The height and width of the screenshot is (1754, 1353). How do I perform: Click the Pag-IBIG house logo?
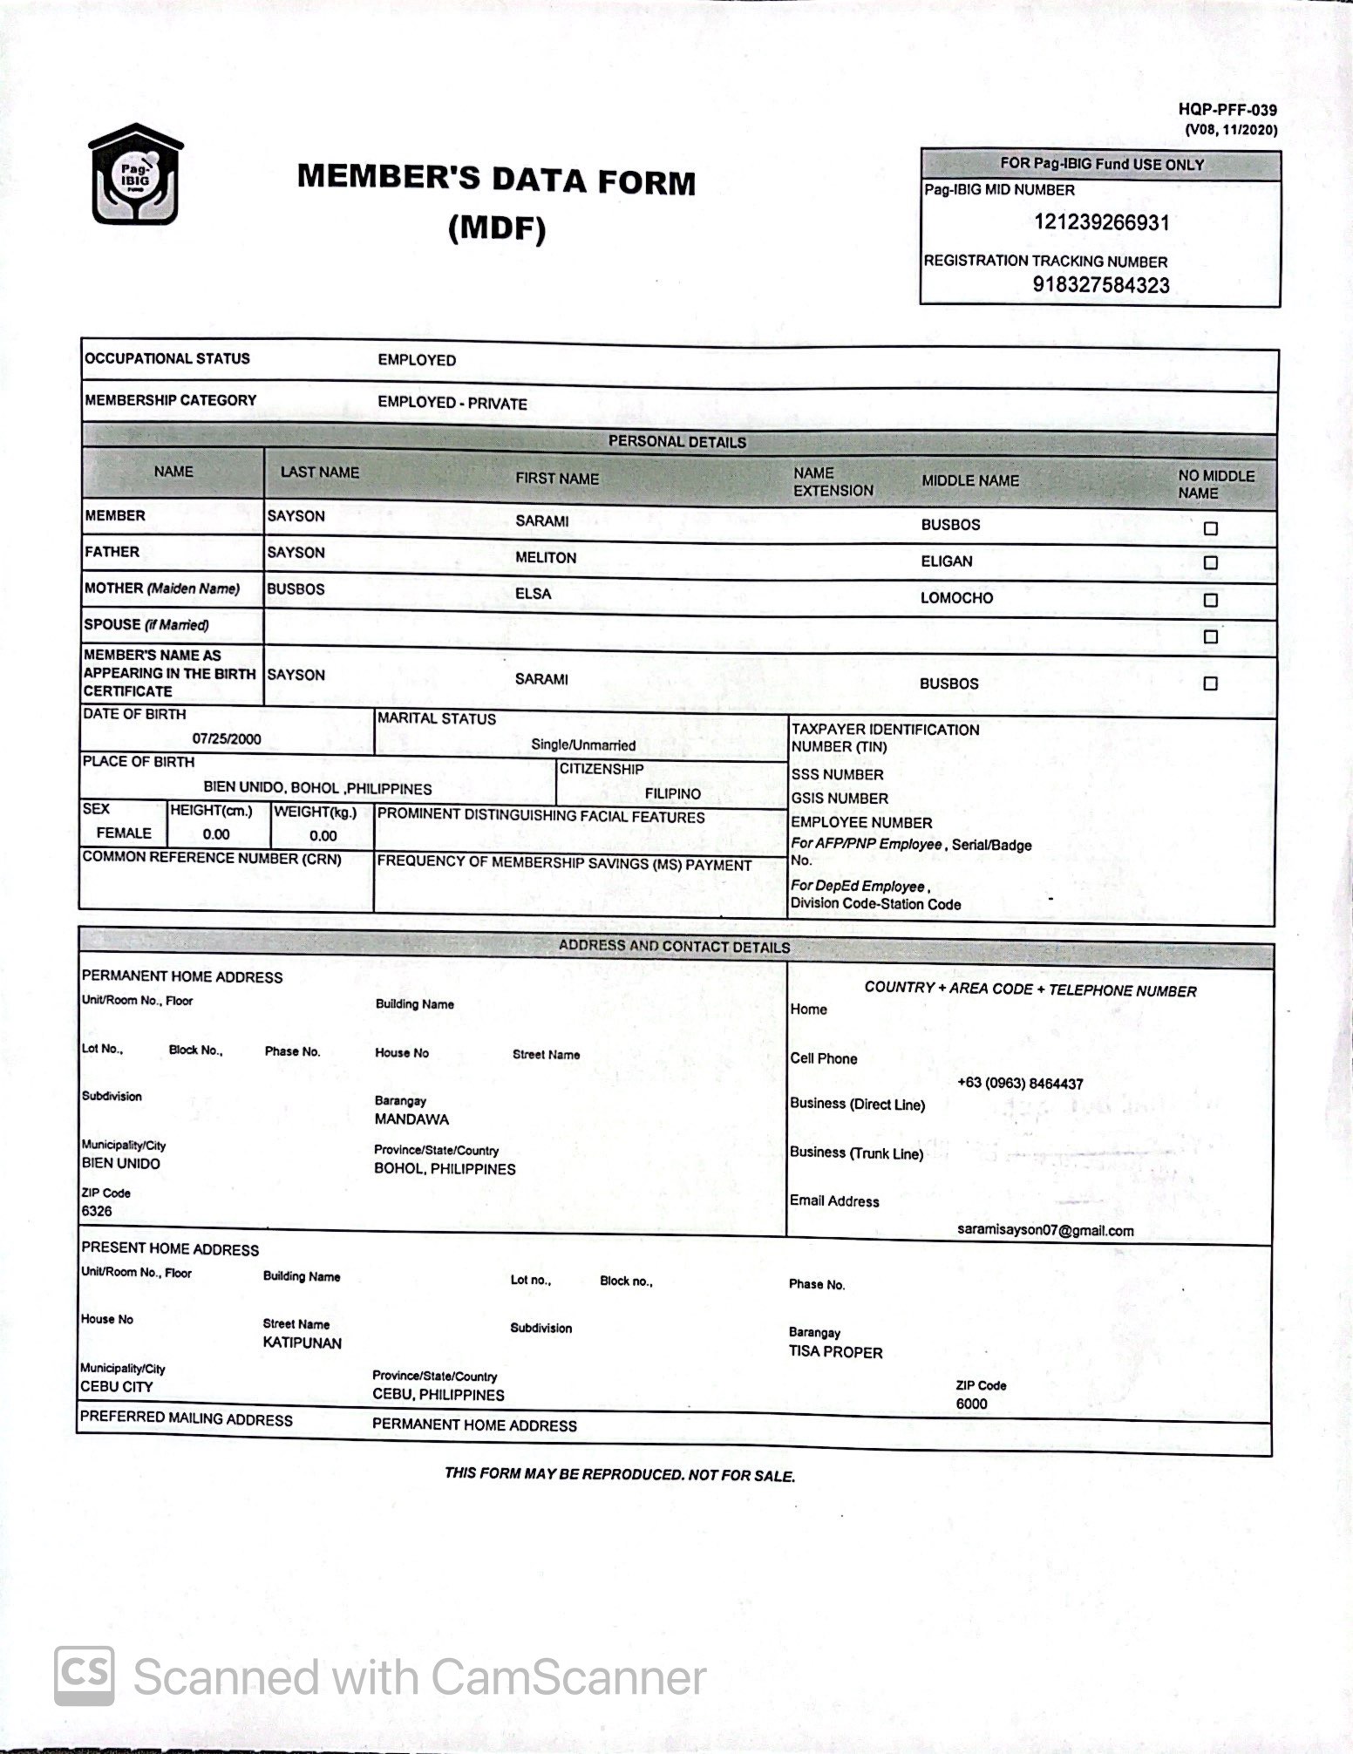(137, 174)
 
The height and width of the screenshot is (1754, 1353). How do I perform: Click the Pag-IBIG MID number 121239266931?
(1101, 222)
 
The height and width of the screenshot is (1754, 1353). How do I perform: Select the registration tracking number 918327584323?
(1100, 285)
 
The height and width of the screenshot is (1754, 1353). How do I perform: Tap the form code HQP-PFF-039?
(1227, 110)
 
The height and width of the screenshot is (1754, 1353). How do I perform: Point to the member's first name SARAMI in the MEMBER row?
(541, 520)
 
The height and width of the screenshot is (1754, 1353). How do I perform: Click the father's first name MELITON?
(545, 557)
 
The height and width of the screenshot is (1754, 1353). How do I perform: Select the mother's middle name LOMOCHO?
(956, 598)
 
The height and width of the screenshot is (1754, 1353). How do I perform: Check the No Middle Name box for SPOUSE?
(1210, 636)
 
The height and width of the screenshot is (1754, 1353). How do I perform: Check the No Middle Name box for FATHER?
(1210, 563)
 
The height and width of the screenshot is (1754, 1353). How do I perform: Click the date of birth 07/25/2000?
(227, 738)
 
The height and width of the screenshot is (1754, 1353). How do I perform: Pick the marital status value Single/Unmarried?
(583, 744)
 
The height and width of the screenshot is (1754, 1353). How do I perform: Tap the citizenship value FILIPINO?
(672, 793)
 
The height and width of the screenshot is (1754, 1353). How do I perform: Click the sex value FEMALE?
(124, 833)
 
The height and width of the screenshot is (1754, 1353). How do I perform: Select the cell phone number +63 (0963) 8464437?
(1019, 1083)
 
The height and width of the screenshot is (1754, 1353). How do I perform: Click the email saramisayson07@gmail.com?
(1045, 1230)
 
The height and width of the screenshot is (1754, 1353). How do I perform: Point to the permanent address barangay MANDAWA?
(411, 1118)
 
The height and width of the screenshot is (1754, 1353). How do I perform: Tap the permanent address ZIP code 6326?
(97, 1211)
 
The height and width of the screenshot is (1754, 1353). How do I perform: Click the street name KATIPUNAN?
(302, 1343)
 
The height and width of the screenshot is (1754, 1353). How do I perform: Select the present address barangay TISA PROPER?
(835, 1352)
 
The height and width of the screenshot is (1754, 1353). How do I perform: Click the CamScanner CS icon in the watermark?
(85, 1676)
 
